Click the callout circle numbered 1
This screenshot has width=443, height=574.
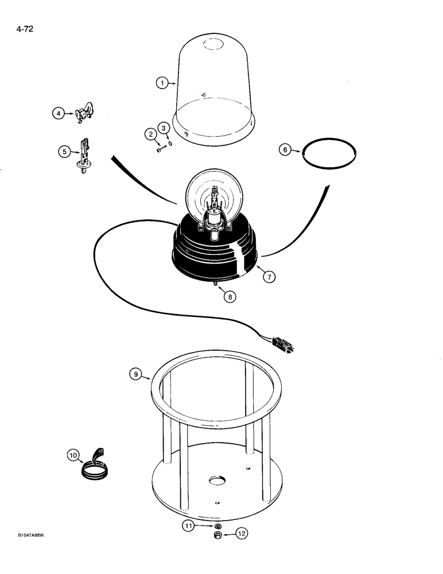click(162, 83)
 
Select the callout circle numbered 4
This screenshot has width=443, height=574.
click(58, 114)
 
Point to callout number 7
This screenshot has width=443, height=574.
click(270, 277)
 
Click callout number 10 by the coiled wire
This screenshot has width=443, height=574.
click(73, 456)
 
